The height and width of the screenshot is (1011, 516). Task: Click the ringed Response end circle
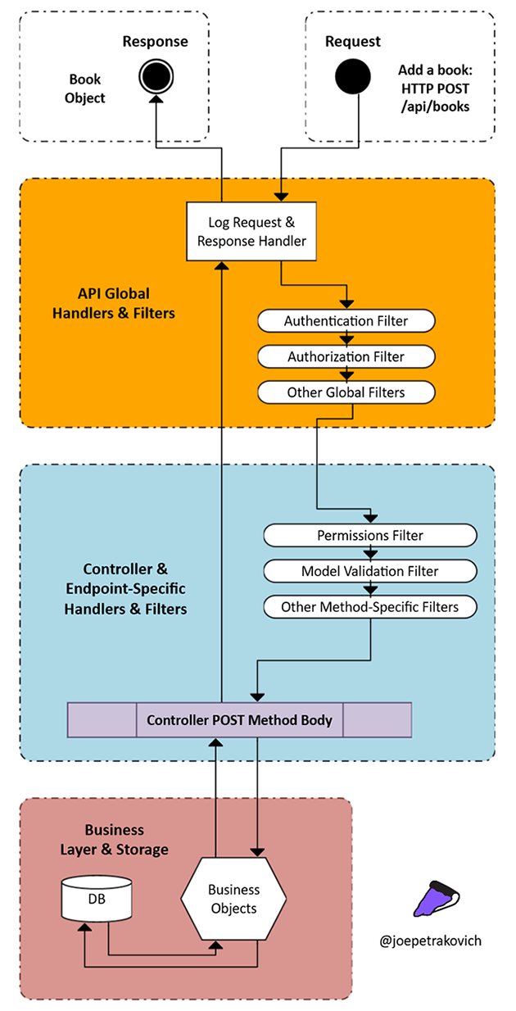click(x=155, y=76)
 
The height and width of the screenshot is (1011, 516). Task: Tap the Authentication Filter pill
click(x=346, y=321)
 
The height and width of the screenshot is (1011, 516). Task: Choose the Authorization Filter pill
click(x=346, y=356)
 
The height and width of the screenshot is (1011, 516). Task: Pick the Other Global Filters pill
click(x=346, y=392)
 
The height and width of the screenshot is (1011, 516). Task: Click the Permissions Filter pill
click(x=369, y=535)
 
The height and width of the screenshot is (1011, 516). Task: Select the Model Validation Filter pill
click(x=369, y=571)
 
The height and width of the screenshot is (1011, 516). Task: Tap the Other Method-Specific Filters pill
click(x=369, y=607)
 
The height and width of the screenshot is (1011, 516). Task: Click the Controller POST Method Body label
click(x=239, y=720)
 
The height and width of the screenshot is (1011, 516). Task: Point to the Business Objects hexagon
click(x=233, y=899)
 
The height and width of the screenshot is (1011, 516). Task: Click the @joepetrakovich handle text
click(x=431, y=941)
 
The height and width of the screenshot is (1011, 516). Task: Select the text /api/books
click(x=434, y=107)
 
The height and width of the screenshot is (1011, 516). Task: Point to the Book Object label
click(x=87, y=88)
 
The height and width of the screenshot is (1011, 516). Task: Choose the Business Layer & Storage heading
click(x=114, y=840)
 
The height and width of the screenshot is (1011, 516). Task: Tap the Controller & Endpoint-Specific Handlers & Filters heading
click(x=126, y=588)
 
